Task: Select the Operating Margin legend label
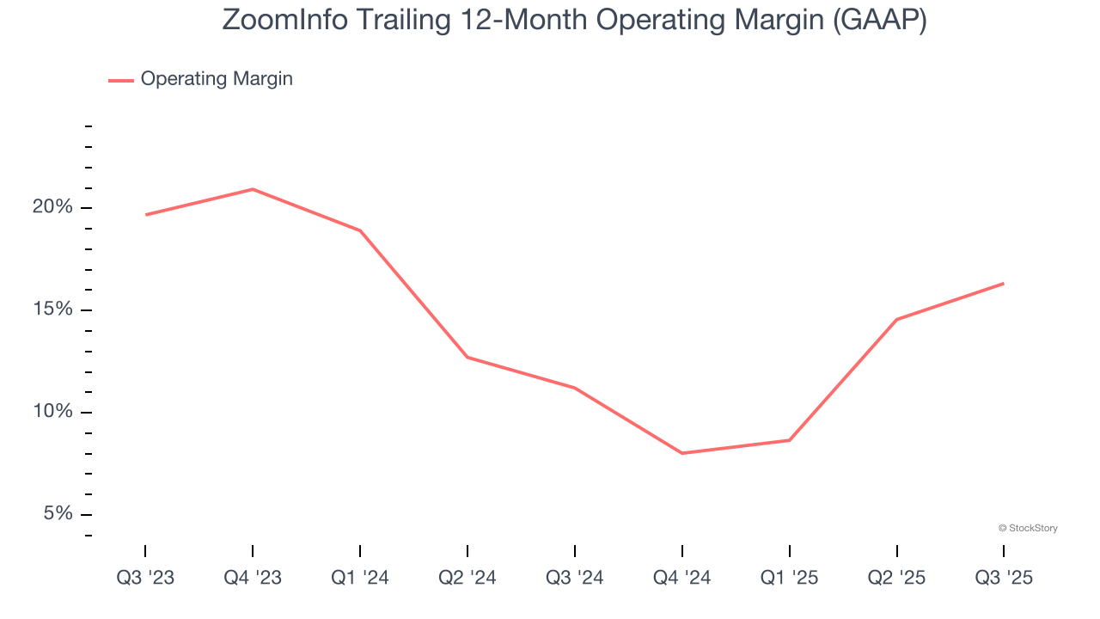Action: click(217, 79)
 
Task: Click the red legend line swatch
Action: click(120, 80)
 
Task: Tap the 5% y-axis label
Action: click(58, 514)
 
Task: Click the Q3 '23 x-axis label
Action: click(145, 579)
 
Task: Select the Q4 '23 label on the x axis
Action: click(253, 579)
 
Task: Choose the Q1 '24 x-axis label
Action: click(360, 579)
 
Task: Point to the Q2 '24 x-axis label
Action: click(467, 579)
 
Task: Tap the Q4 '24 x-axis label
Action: click(682, 579)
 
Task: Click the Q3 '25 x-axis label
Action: click(1004, 579)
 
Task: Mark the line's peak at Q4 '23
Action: click(253, 189)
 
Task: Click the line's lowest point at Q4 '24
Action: click(682, 453)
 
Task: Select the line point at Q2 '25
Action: click(896, 320)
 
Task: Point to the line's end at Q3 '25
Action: click(1004, 284)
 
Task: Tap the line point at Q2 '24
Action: click(467, 357)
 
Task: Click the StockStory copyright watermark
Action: click(1028, 528)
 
